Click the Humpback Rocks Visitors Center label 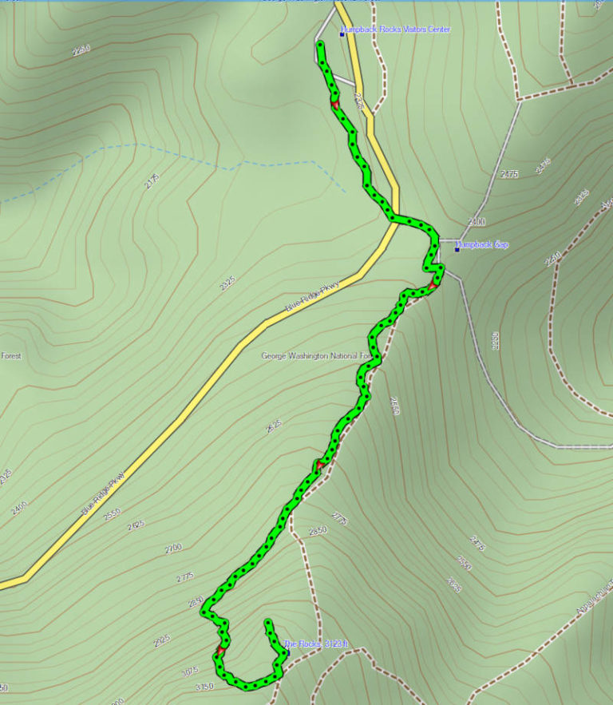click(396, 30)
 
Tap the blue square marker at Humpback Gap click(457, 249)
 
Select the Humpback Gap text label click(484, 244)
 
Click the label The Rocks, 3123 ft click(317, 644)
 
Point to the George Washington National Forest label click(317, 356)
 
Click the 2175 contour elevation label click(152, 181)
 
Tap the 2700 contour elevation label click(172, 549)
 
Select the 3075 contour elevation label click(190, 671)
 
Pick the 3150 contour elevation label click(204, 686)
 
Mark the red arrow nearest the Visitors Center click(335, 105)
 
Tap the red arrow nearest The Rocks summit click(219, 652)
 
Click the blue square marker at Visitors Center click(342, 34)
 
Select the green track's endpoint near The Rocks click(268, 621)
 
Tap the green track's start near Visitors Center click(320, 45)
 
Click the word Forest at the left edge click(10, 356)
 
